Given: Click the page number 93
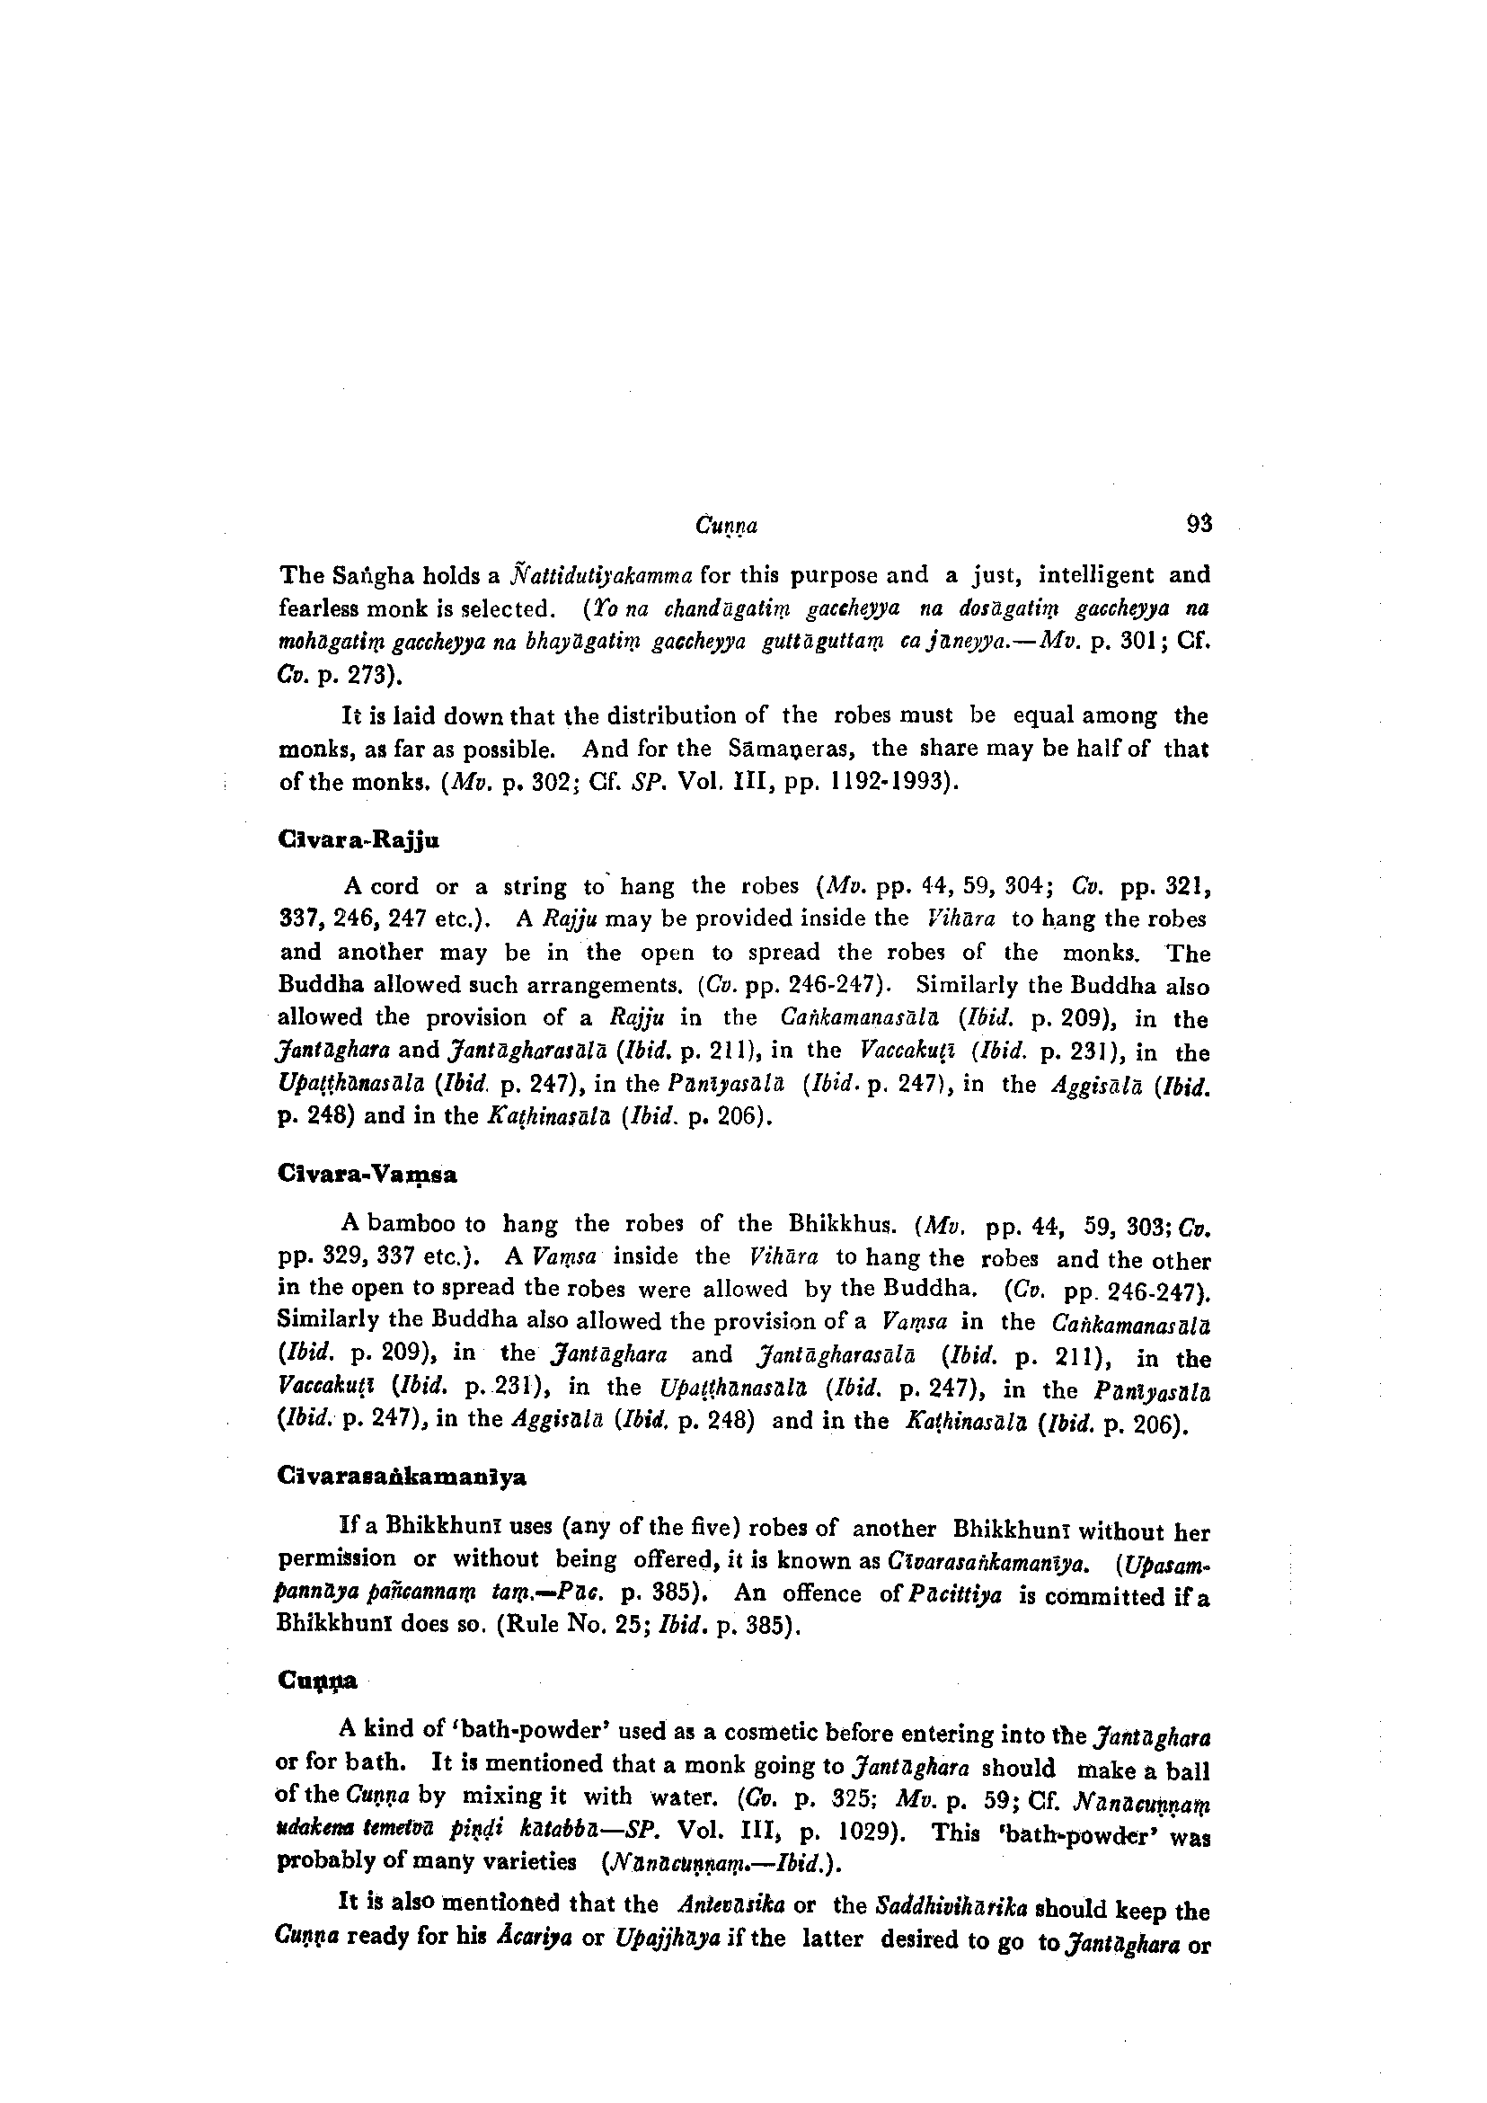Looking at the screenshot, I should coord(1199,525).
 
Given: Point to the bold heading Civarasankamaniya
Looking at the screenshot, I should coord(401,1478).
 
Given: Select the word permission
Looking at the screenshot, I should coord(336,1560).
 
